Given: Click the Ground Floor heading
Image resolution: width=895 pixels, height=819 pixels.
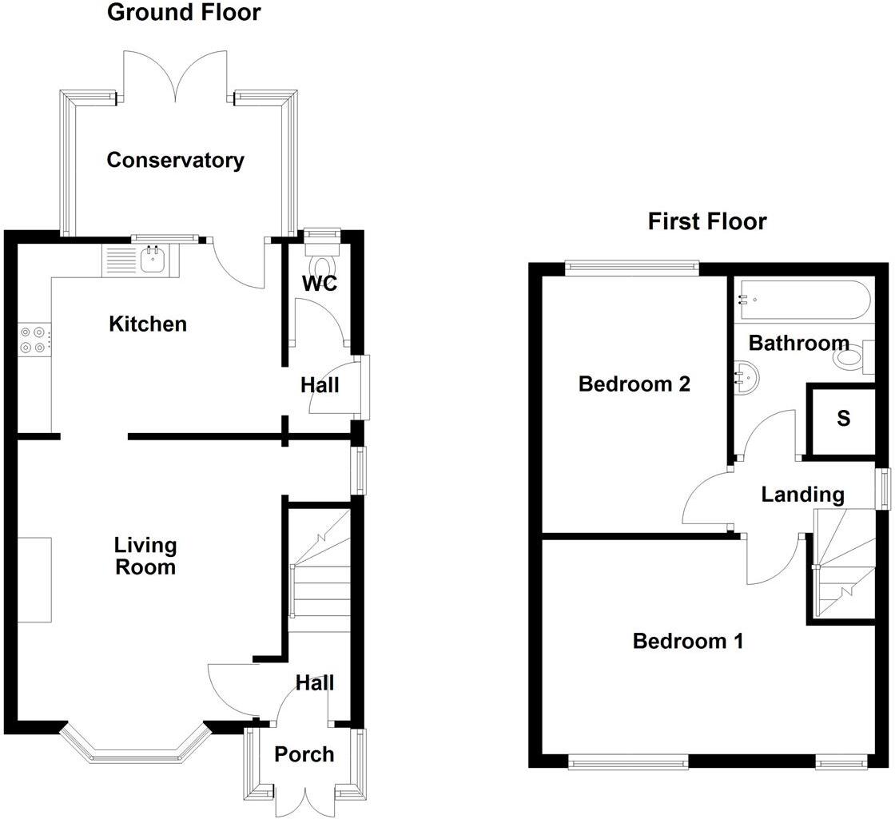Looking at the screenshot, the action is [184, 13].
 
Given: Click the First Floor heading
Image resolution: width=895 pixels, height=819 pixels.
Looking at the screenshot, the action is [707, 221].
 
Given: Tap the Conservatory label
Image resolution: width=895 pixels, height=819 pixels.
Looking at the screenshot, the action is [175, 160].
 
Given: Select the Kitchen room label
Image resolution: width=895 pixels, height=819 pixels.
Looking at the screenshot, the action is [148, 324].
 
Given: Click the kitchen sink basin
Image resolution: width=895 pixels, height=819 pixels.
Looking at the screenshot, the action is [151, 259].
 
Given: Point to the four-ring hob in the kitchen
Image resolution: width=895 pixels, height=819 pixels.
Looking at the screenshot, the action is [34, 339].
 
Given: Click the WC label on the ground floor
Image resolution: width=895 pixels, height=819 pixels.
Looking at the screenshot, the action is [320, 284].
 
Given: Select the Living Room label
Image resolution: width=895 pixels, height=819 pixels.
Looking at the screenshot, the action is [145, 556].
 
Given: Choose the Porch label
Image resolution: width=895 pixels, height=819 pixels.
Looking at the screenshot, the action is [304, 753].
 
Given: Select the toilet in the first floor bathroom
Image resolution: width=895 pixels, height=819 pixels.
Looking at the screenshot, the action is [852, 357].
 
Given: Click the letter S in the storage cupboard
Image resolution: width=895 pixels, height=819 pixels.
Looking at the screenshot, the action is [844, 419].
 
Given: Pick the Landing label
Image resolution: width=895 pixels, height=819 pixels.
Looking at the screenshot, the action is [802, 495].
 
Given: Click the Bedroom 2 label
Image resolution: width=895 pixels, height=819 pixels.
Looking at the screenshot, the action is [634, 384].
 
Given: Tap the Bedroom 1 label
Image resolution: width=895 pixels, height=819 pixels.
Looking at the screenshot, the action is [688, 640].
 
